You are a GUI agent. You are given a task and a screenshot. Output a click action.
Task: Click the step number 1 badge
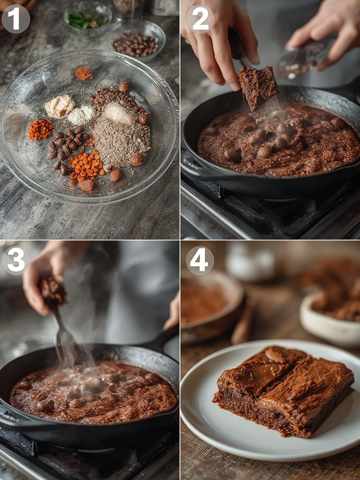pyautogui.click(x=16, y=19)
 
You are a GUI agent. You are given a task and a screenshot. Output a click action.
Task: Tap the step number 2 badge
pyautogui.click(x=200, y=19)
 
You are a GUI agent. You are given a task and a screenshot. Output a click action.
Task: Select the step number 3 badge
pyautogui.click(x=16, y=260)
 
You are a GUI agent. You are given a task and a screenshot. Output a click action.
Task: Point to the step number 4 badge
pyautogui.click(x=200, y=260)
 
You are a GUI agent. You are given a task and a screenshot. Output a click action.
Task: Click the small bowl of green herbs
pyautogui.click(x=88, y=19)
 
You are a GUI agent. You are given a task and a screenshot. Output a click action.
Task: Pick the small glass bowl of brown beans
pyautogui.click(x=136, y=44)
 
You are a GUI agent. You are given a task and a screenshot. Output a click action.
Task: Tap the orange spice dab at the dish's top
pyautogui.click(x=84, y=74)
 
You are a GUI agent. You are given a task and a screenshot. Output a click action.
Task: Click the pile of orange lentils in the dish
pyautogui.click(x=86, y=166)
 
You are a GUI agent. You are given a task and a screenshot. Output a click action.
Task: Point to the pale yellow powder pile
pyautogui.click(x=60, y=106)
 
